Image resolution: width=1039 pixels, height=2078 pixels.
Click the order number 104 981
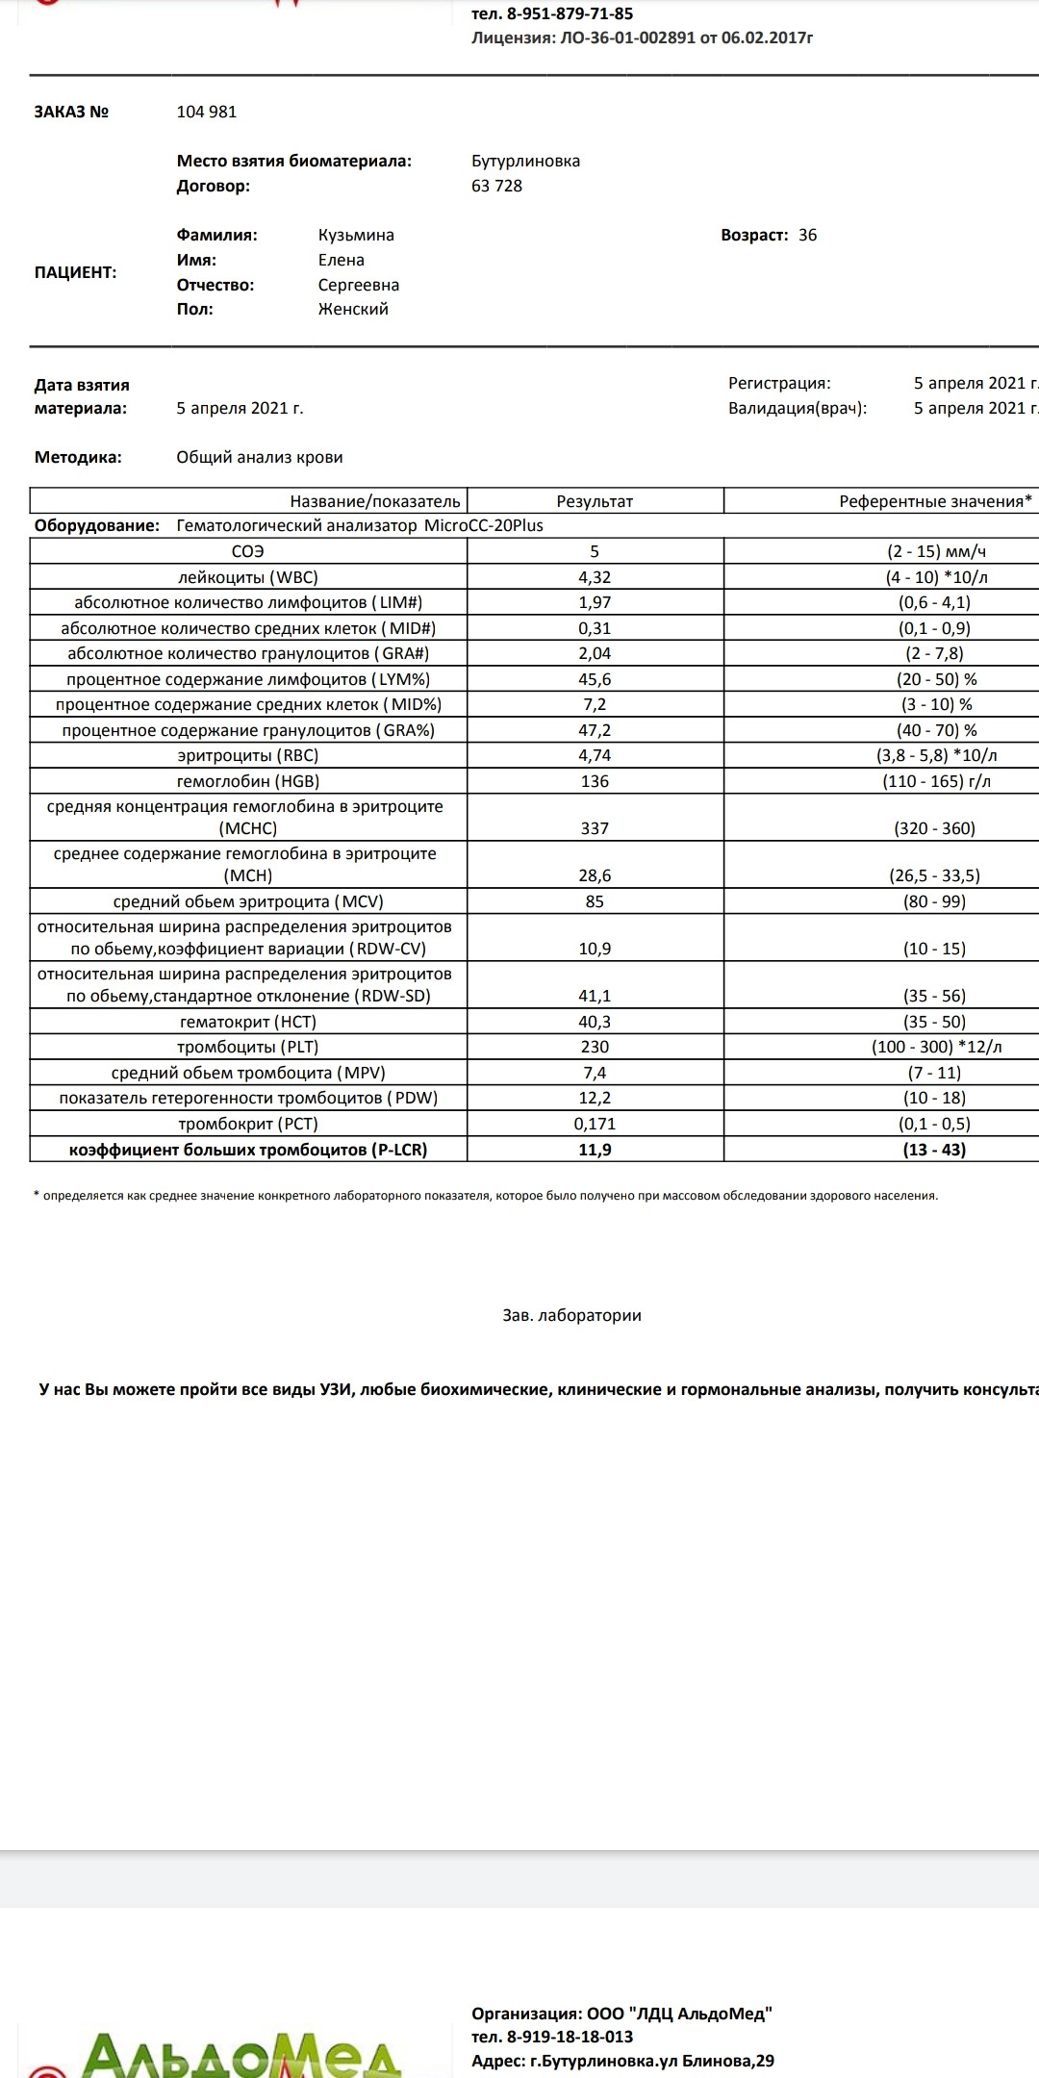pos(206,112)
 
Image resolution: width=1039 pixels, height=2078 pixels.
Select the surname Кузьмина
pos(356,235)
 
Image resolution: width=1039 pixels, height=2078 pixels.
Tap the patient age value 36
pos(807,235)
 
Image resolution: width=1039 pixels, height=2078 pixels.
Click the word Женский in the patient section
pos(353,309)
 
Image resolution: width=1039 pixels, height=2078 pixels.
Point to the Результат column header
pos(595,501)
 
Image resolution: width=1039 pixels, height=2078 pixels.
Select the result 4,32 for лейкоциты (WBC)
pos(595,577)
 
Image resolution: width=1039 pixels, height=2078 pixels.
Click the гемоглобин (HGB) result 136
pos(595,781)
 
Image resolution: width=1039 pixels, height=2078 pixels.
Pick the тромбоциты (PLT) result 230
pos(595,1047)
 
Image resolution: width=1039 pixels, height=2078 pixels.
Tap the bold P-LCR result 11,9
pos(595,1150)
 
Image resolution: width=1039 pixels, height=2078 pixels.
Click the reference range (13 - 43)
pos(934,1150)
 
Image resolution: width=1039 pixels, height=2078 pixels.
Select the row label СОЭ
pos(247,551)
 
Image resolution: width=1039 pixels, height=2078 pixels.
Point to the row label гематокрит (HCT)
pos(247,1022)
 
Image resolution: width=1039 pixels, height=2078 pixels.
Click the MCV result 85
pos(595,901)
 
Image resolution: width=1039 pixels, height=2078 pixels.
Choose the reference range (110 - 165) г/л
pos(936,781)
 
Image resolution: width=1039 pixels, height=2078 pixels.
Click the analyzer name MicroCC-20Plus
pos(484,525)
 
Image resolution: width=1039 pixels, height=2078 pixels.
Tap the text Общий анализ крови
pos(260,457)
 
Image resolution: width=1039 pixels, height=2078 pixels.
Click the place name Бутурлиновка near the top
pos(525,161)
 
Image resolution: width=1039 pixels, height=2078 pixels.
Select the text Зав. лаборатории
pos(571,1315)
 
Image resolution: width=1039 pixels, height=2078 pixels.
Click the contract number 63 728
pos(496,186)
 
